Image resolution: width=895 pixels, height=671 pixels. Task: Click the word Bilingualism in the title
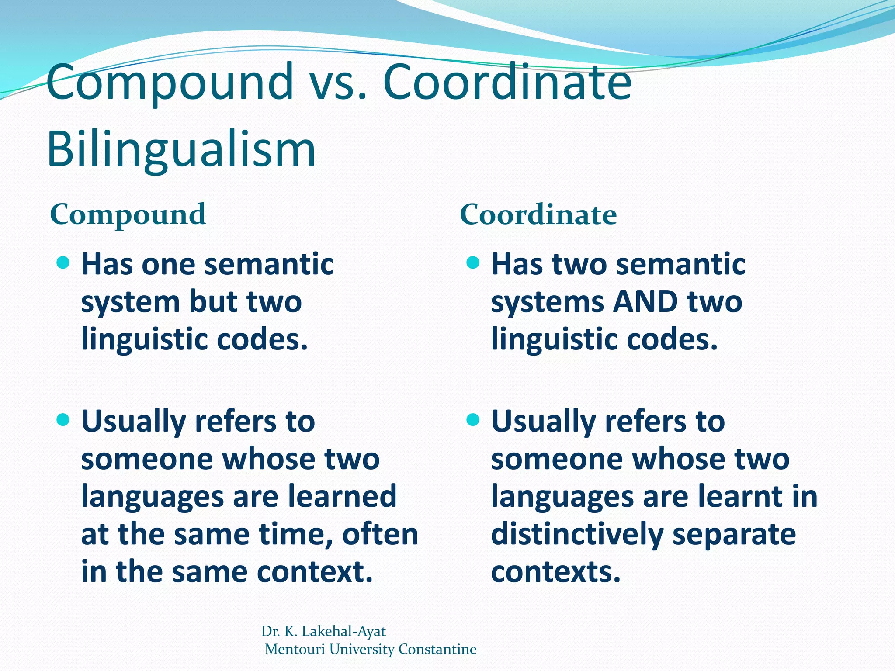(181, 149)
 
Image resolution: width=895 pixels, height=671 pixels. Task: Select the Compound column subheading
(128, 214)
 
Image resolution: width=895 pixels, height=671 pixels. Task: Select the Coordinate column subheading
(538, 214)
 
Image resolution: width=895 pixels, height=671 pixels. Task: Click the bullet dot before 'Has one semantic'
(63, 263)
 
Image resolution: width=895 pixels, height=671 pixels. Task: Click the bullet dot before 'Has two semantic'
(473, 263)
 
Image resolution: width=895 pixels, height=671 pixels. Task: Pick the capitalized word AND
(645, 302)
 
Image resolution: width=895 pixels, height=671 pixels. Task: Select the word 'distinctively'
(577, 535)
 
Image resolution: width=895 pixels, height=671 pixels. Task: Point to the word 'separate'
(734, 535)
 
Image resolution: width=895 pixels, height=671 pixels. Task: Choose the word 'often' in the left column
(380, 534)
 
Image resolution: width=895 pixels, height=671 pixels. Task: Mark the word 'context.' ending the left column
(315, 572)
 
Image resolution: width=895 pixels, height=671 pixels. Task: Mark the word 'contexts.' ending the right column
(555, 572)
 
